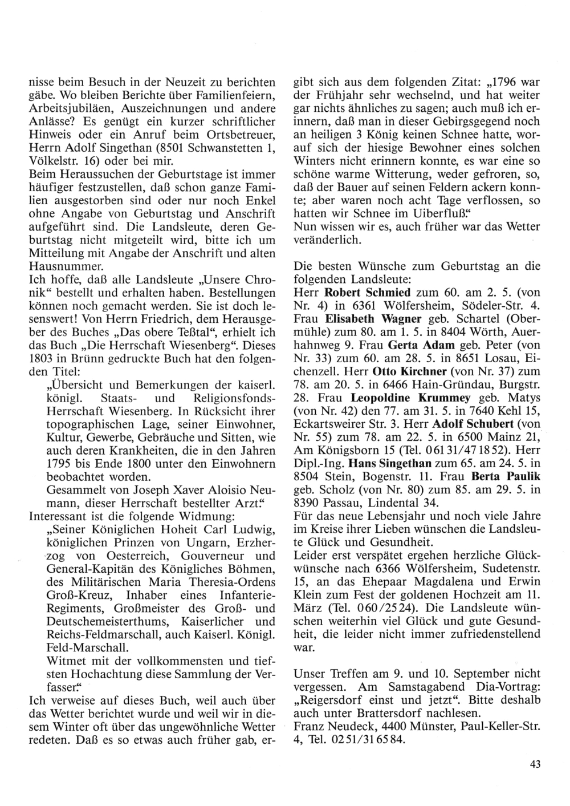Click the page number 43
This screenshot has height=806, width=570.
(534, 765)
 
